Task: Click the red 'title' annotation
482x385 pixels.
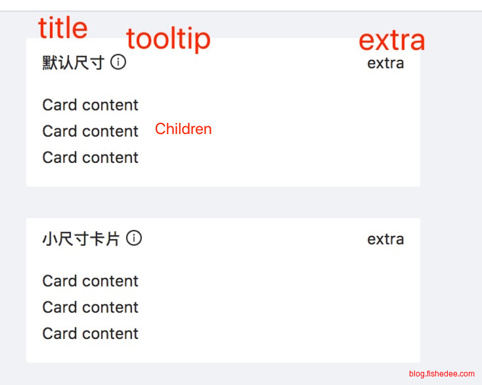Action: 62,28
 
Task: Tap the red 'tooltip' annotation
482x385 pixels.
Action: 168,39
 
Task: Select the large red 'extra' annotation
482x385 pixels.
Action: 392,41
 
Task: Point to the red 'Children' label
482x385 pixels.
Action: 183,129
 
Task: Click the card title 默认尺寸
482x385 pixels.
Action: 74,62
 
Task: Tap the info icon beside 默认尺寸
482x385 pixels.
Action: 118,62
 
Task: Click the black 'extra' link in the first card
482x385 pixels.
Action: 385,63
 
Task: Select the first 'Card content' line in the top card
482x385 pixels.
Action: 91,105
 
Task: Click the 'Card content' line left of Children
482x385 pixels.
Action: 91,131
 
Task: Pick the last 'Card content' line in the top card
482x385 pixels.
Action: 91,158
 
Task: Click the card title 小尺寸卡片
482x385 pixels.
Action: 81,239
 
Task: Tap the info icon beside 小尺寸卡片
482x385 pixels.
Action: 134,238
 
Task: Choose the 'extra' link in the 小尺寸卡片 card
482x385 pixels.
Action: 385,239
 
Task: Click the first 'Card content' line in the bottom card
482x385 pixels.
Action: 91,281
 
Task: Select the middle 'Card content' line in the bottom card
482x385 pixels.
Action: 91,307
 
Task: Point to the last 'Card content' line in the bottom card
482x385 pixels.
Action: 91,333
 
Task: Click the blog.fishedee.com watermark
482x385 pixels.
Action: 442,374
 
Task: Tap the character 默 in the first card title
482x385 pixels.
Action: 50,62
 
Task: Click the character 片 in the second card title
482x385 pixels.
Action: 112,239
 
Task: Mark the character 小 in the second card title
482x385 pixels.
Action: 50,239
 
